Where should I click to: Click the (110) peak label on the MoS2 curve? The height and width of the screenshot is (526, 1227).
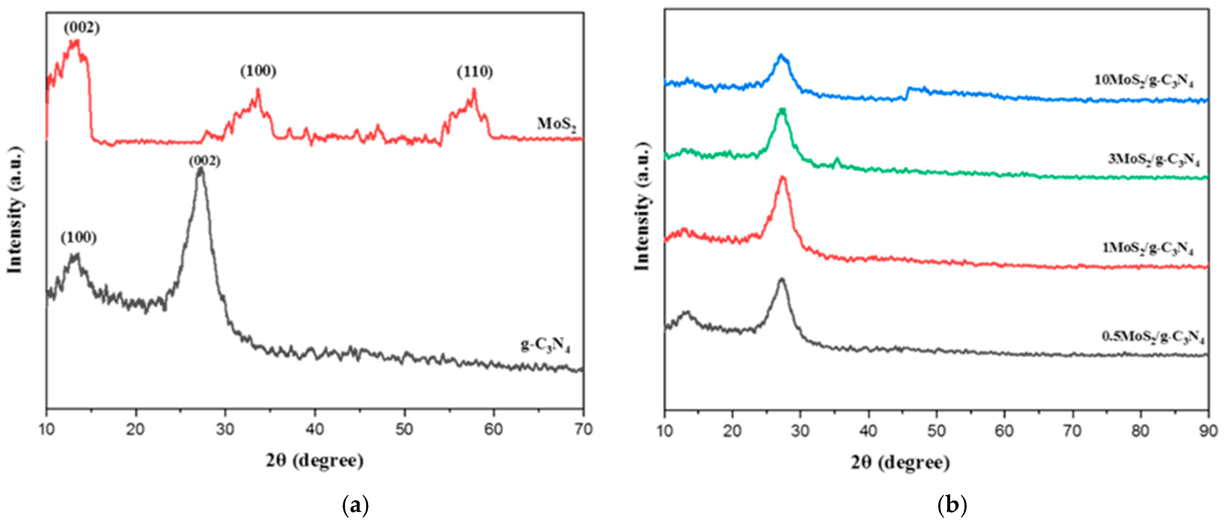click(475, 72)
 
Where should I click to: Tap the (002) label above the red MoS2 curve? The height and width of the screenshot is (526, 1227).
click(82, 28)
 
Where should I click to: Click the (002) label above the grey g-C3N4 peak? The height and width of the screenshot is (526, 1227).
click(204, 161)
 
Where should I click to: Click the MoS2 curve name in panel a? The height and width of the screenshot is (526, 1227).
click(556, 125)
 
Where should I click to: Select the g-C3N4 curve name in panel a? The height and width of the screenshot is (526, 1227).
click(545, 345)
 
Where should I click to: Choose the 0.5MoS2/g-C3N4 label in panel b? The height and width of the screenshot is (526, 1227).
click(1153, 337)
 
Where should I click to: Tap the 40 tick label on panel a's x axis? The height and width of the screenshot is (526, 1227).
click(315, 429)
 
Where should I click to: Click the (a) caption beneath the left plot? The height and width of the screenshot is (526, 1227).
click(355, 505)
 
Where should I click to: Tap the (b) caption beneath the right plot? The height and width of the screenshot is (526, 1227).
click(952, 505)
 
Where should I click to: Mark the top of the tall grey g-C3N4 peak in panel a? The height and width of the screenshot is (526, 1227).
click(201, 170)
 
